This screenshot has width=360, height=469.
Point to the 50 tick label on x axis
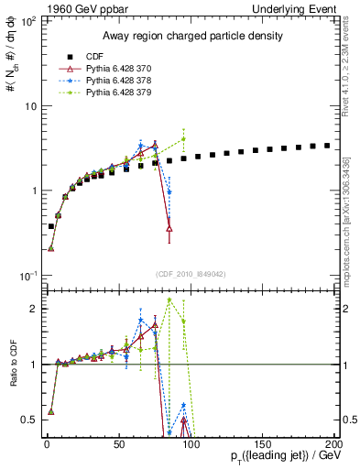click(x=118, y=443)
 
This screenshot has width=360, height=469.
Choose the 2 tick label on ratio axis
click(x=32, y=309)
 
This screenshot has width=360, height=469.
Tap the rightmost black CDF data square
click(x=327, y=145)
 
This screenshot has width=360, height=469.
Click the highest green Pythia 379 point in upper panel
click(x=184, y=139)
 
